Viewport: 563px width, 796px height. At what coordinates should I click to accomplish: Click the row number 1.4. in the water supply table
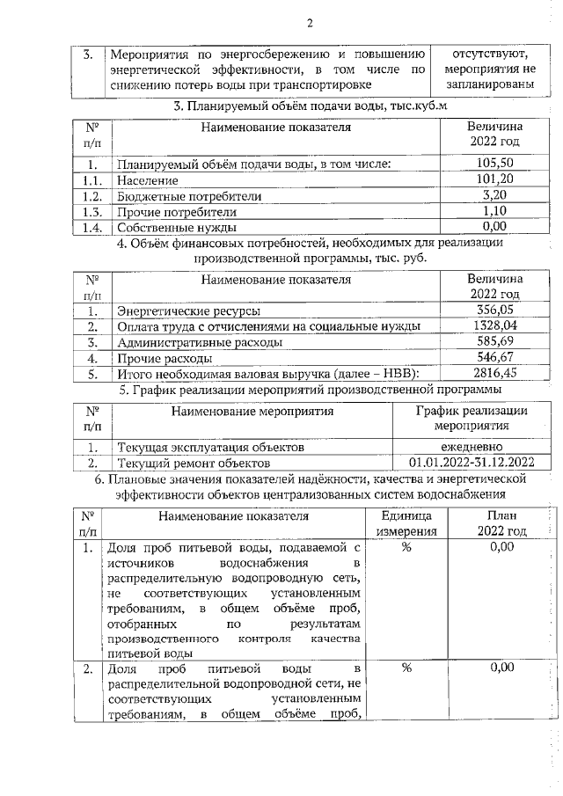[88, 228]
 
